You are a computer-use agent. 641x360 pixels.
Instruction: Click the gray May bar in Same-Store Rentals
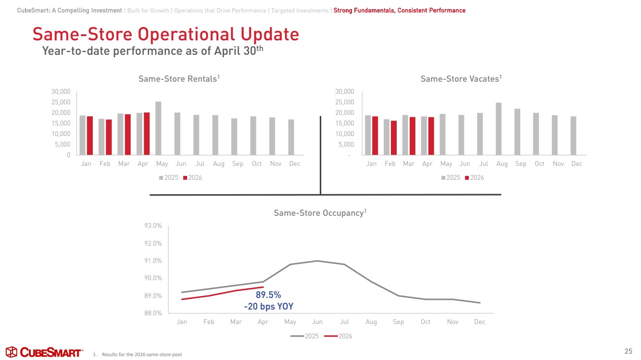click(x=158, y=128)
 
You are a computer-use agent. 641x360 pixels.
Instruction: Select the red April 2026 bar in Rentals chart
click(x=147, y=134)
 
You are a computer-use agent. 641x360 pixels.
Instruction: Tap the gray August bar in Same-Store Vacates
click(x=499, y=129)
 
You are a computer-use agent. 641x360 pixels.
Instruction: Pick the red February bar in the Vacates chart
click(x=394, y=138)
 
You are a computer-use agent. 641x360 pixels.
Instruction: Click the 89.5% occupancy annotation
click(x=268, y=295)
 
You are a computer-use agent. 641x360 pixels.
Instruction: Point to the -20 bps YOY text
click(x=268, y=307)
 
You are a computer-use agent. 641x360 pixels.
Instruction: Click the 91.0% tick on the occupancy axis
click(x=153, y=261)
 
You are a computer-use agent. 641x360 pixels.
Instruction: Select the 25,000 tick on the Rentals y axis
click(x=61, y=102)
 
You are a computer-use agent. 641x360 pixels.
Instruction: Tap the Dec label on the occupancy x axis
click(x=479, y=322)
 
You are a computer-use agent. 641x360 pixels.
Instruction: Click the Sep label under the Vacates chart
click(x=521, y=164)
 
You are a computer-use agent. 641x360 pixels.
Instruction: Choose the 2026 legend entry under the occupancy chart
click(x=338, y=336)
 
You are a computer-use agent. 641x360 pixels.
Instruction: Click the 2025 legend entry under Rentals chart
click(x=169, y=177)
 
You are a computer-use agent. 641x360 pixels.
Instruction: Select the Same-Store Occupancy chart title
click(x=320, y=213)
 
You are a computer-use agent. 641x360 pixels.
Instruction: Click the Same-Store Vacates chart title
click(x=461, y=79)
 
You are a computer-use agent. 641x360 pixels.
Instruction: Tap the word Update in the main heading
click(x=270, y=34)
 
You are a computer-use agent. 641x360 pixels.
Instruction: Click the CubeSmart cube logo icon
click(x=12, y=352)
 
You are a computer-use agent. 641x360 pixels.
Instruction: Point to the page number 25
click(x=628, y=351)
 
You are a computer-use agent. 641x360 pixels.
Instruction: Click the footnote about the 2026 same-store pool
click(x=138, y=355)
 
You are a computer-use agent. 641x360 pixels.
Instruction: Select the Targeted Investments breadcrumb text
click(x=300, y=11)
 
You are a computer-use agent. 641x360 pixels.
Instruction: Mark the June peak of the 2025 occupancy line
click(x=317, y=261)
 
